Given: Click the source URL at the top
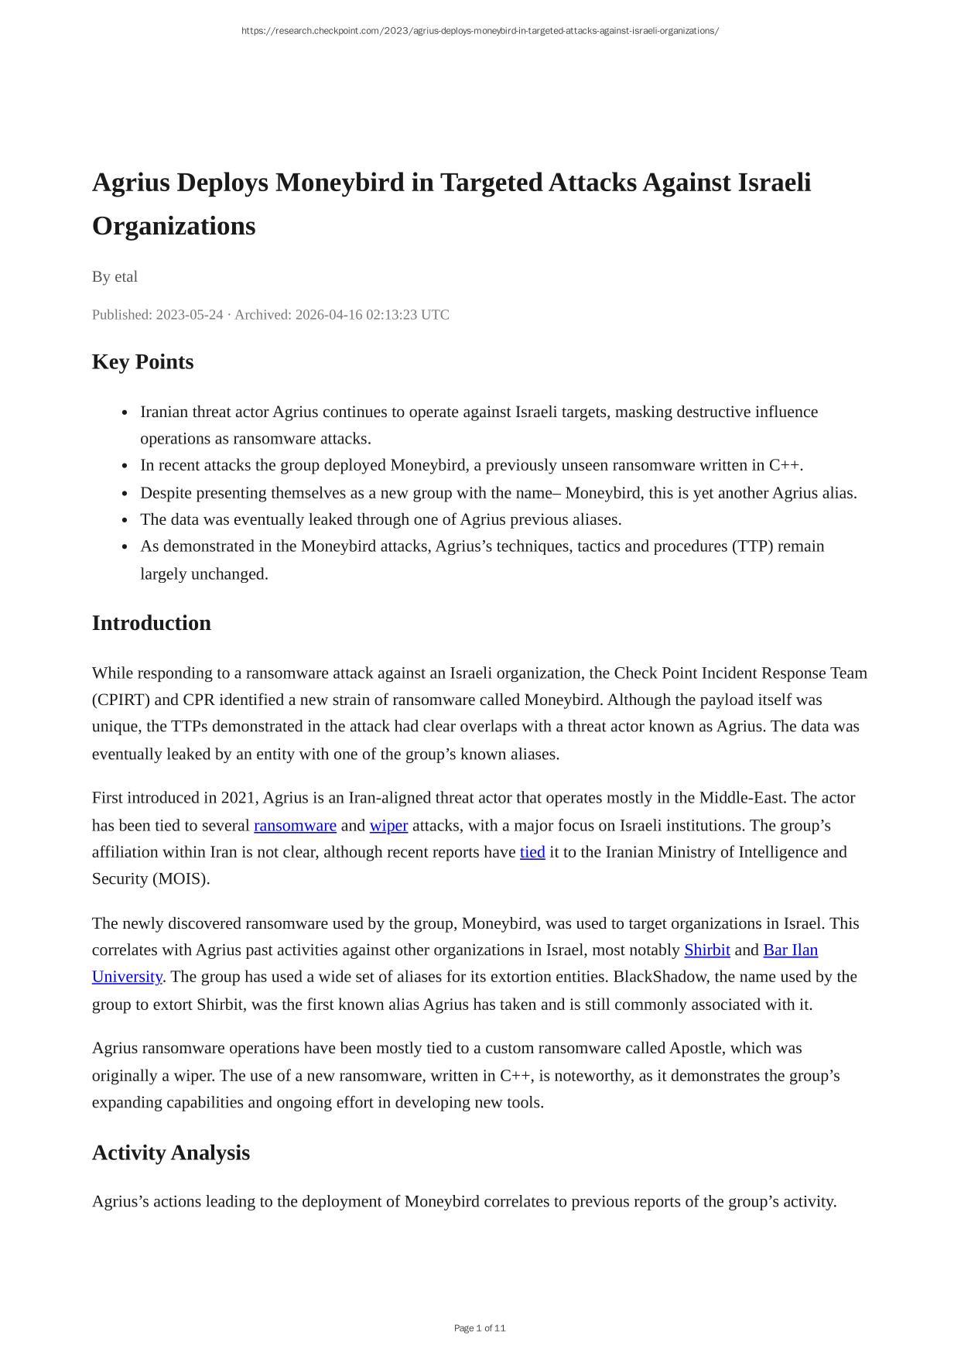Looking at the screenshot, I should click(480, 31).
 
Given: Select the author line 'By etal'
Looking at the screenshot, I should click(115, 276).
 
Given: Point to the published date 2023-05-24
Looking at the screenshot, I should click(190, 314).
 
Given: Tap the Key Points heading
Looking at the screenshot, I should click(142, 361).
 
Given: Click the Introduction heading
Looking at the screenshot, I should click(151, 623).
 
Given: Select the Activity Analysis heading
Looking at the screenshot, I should click(170, 1152).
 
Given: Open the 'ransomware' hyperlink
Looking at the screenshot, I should click(295, 825).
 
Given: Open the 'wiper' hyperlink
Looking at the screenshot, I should click(388, 825).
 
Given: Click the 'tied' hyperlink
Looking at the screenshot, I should click(532, 851).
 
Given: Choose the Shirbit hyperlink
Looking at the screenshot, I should click(706, 950).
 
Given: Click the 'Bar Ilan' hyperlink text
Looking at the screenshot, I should click(790, 950).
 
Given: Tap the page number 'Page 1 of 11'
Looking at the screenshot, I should click(480, 1328).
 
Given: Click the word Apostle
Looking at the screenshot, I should click(695, 1048).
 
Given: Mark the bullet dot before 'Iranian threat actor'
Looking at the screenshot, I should click(125, 412).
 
